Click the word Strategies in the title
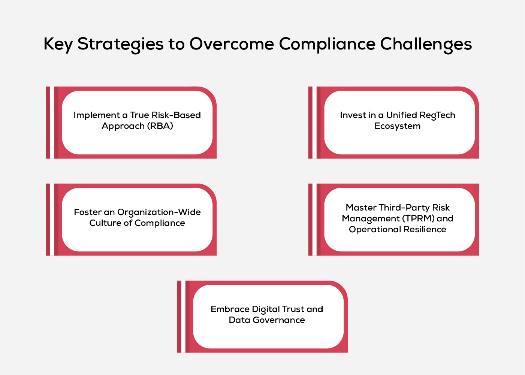tap(120, 44)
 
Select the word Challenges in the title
tap(426, 44)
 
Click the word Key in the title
tap(58, 44)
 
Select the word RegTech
tap(437, 115)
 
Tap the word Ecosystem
tap(397, 126)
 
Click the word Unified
tap(402, 115)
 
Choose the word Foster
tap(88, 212)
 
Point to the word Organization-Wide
tap(159, 212)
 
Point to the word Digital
tap(265, 309)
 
